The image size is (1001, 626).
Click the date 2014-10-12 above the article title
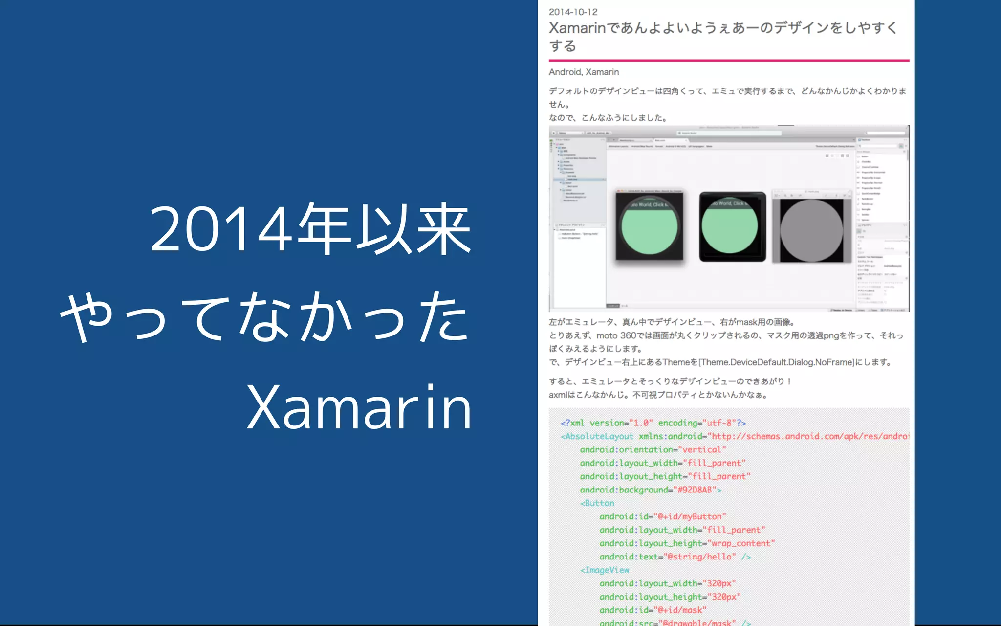573,12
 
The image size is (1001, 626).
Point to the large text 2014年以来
310,229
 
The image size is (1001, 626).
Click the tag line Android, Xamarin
584,72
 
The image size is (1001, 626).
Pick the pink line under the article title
728,61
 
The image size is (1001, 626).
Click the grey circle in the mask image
811,230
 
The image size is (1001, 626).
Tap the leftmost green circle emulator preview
649,226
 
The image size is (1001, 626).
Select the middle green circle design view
730,226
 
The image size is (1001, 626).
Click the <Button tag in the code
597,503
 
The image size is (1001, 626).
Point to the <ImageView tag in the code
605,570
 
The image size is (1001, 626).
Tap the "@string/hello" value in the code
699,557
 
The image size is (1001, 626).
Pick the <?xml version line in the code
653,423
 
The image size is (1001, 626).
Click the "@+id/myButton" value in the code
690,516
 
